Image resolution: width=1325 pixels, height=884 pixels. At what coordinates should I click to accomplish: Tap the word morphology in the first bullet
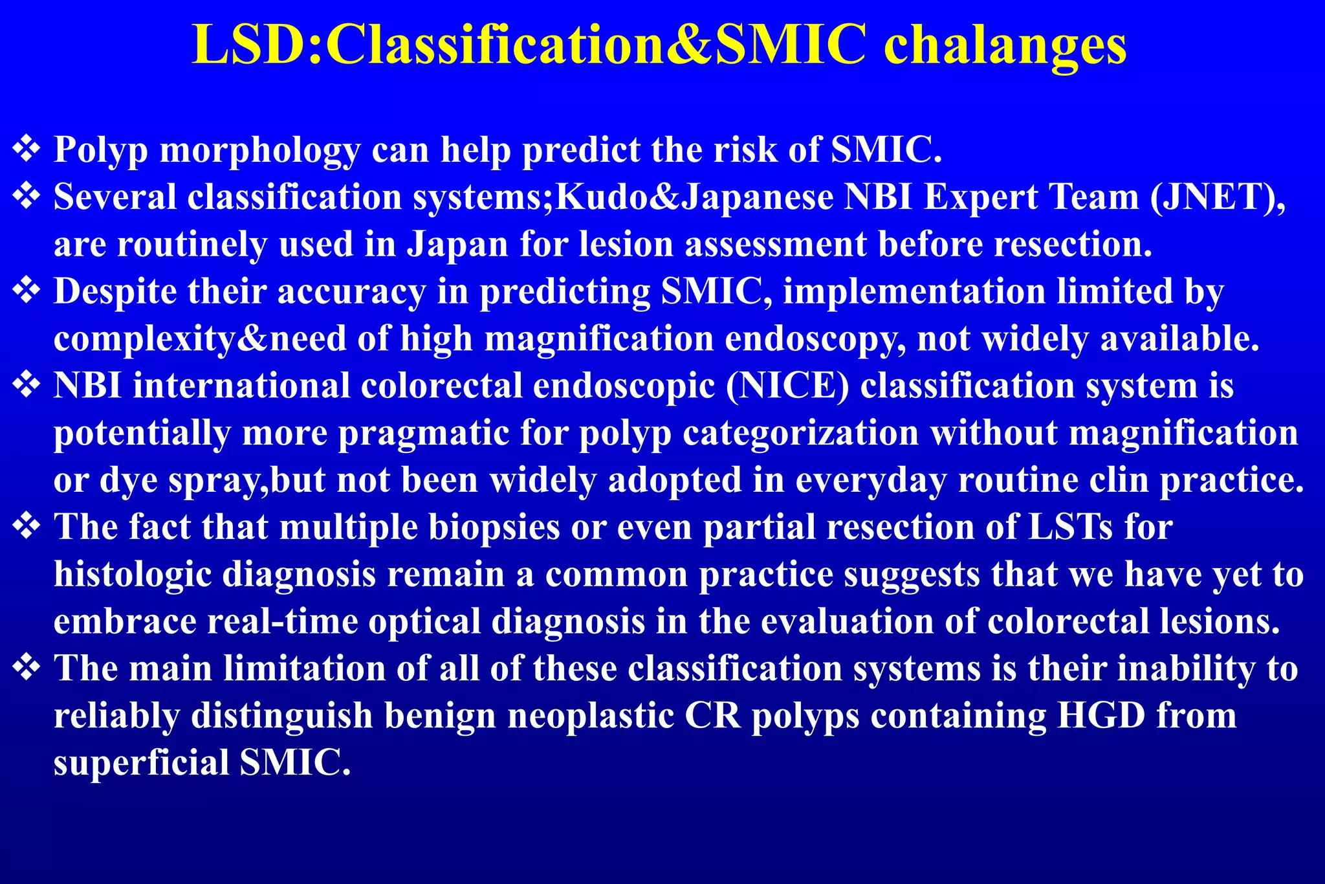(259, 150)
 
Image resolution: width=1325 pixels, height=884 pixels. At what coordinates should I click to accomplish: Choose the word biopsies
(494, 527)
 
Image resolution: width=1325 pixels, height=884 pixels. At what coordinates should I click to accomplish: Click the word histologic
(133, 574)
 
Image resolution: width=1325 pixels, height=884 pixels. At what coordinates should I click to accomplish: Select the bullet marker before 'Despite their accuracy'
(27, 291)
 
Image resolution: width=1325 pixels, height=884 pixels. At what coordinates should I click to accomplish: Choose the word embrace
(125, 621)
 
